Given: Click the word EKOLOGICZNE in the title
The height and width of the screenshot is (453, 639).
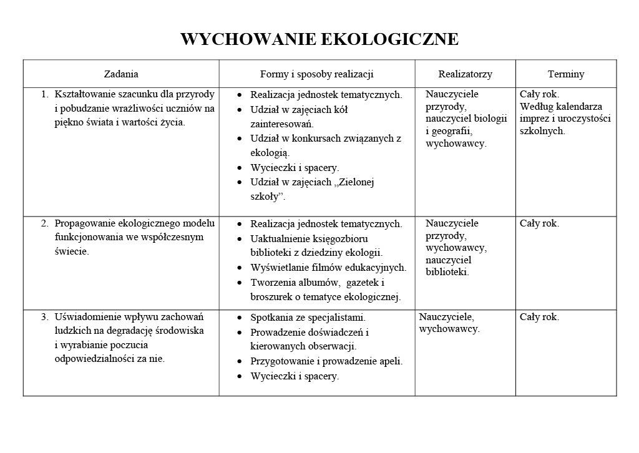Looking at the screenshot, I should click(389, 40).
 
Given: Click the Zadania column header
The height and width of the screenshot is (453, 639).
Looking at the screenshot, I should click(121, 74).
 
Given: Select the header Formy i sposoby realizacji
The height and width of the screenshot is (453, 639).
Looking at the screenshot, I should click(316, 74).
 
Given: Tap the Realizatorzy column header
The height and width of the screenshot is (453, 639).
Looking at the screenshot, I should click(465, 74).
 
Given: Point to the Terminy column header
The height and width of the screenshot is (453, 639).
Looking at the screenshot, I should click(566, 74).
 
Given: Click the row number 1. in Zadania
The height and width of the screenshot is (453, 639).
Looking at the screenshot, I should click(45, 95).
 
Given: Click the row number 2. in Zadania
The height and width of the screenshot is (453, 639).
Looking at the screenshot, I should click(45, 223).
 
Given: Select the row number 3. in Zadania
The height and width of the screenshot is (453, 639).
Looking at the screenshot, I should click(45, 317).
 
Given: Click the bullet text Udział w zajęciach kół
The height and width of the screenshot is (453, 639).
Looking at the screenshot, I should click(299, 110).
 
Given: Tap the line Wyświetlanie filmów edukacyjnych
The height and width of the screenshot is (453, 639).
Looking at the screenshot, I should click(328, 268).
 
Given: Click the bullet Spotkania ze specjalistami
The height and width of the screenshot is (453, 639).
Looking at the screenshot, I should click(308, 318).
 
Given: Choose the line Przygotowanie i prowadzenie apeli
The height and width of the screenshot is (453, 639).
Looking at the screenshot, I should click(326, 361).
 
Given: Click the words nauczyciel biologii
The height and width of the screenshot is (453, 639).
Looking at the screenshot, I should click(467, 119).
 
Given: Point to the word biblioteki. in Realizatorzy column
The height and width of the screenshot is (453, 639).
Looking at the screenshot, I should click(447, 272).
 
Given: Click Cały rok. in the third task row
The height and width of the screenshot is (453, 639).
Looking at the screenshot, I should click(539, 317).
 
